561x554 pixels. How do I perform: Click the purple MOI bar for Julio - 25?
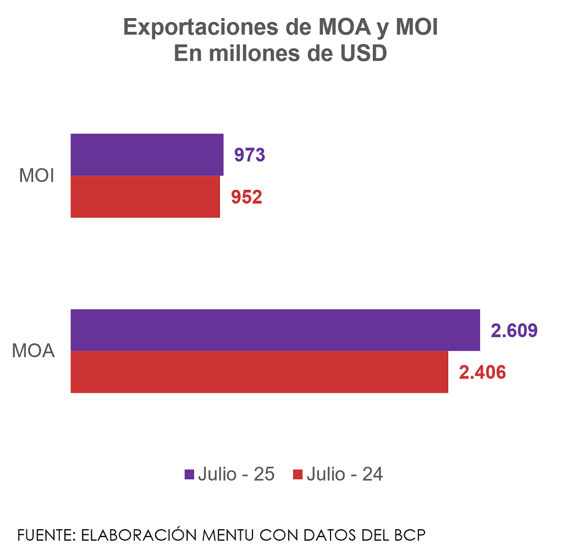coord(147,155)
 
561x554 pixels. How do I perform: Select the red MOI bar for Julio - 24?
coord(145,196)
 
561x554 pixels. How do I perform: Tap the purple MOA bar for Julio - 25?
coord(275,330)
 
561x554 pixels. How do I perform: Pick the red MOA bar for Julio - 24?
coord(259,372)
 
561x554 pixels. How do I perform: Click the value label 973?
coord(250,155)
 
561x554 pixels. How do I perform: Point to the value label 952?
coord(246,197)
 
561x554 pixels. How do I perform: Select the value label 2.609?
coord(514,331)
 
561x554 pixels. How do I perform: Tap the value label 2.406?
coord(482,372)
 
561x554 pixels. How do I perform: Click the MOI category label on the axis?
coord(36,176)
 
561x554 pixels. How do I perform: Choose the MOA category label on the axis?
coord(34,350)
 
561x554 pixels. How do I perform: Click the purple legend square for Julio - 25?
coord(189,474)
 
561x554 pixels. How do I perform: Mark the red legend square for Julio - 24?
coord(298,474)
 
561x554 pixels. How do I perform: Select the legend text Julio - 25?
coord(236,474)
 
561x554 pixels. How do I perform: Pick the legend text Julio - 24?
coord(344,474)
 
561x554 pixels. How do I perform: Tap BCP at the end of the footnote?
coord(410,535)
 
